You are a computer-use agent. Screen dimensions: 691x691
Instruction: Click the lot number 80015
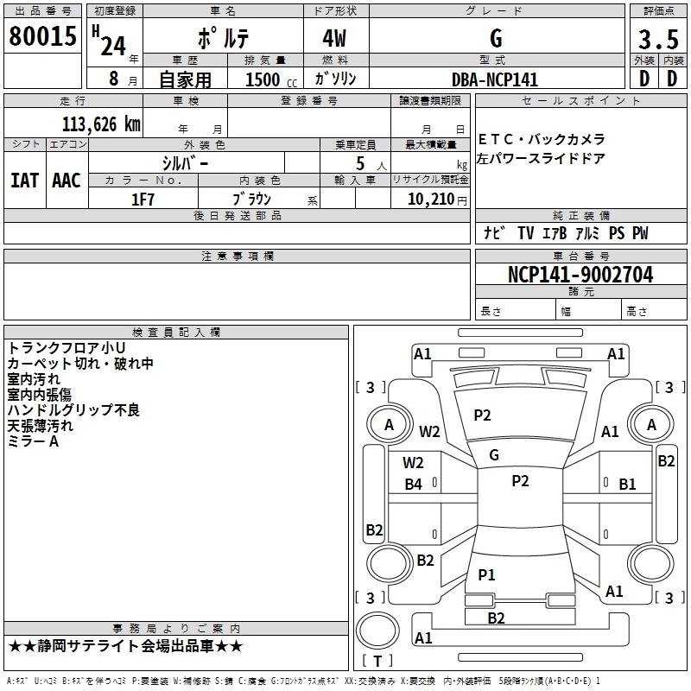(42, 36)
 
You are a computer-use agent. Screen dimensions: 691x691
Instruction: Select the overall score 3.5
(658, 39)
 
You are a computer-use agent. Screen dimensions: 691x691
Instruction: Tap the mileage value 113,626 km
(101, 124)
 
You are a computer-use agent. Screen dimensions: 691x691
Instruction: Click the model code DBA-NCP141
(495, 79)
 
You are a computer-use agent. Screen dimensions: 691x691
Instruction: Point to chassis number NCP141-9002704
(580, 275)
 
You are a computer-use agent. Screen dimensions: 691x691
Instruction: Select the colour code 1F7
(143, 200)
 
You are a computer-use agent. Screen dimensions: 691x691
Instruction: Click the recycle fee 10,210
(431, 200)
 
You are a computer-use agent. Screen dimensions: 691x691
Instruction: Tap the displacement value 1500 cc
(271, 79)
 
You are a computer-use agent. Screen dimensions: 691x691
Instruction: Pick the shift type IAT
(25, 181)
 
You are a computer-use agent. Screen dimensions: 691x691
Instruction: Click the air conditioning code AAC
(67, 181)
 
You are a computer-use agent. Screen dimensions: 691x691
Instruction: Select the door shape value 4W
(334, 39)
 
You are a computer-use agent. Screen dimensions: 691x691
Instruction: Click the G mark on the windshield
(494, 455)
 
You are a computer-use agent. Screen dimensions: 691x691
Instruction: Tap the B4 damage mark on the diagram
(414, 485)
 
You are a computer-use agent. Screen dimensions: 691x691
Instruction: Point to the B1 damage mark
(627, 485)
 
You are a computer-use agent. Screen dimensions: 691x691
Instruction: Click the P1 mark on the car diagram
(486, 574)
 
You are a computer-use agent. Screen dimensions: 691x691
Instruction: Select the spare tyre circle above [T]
(377, 631)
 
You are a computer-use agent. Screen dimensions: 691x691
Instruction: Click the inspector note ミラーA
(33, 441)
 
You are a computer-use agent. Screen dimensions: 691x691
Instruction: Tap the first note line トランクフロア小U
(67, 348)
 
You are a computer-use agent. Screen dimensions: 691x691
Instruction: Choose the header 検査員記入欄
(176, 333)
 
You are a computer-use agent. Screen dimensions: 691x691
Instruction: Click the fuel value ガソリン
(335, 79)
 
